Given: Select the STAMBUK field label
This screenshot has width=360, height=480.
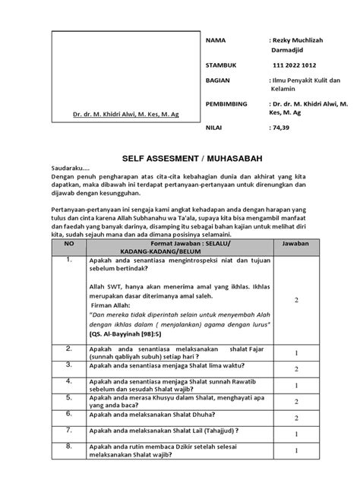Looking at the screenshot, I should coord(222,65).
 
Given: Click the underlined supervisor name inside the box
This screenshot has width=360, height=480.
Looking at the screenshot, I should coord(127,115).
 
